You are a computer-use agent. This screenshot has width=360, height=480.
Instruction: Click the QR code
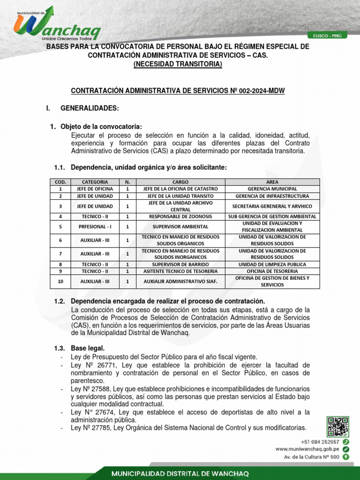tap(337, 427)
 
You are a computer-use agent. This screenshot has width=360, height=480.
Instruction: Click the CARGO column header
tap(180, 182)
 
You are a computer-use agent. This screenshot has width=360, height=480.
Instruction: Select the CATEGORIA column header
tap(95, 182)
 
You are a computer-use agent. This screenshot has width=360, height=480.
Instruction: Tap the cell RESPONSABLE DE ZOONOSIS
tap(180, 217)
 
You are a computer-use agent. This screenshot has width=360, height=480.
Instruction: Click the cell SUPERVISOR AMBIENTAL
tap(180, 227)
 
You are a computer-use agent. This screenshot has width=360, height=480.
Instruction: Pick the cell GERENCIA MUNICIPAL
tap(272, 189)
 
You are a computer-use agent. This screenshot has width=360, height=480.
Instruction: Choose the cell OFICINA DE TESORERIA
tap(272, 271)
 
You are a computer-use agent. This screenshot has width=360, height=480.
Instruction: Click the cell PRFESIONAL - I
tap(95, 227)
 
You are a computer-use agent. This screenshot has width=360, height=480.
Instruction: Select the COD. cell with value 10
tap(60, 282)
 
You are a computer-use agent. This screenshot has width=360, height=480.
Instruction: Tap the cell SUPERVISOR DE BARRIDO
tap(180, 264)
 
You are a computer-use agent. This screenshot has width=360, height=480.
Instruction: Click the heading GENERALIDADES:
tap(90, 109)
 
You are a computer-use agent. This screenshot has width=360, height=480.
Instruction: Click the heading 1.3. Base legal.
tap(88, 348)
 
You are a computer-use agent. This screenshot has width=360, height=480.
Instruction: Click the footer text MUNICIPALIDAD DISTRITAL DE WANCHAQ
tap(180, 473)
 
